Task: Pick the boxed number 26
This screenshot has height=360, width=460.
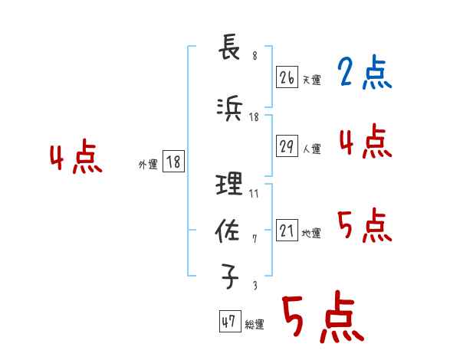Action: coord(287,77)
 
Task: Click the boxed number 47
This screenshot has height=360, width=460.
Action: coord(228,322)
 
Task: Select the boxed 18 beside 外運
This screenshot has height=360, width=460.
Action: coord(173,162)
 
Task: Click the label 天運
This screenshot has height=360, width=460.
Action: coord(311,80)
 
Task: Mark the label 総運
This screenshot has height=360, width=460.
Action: coord(254,325)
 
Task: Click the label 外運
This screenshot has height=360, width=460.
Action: coord(147,164)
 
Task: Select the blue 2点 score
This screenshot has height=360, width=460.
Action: coord(365,74)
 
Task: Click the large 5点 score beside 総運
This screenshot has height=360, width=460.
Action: coord(323,319)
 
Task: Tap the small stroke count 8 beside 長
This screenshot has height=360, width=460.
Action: coord(254,55)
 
